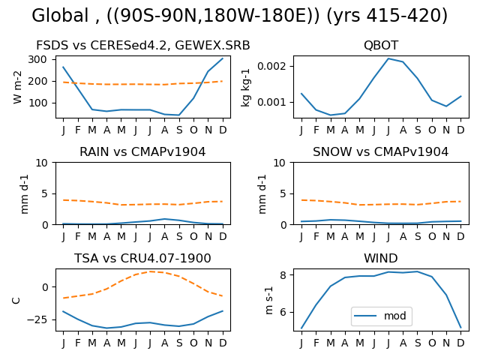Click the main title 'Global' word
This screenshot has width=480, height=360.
tap(60, 15)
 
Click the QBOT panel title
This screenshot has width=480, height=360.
tap(381, 45)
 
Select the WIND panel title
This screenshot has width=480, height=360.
tap(381, 258)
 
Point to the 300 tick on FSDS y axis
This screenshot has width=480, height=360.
tap(37, 59)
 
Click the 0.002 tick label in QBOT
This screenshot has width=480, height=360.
tap(271, 66)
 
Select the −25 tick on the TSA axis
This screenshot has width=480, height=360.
tap(37, 320)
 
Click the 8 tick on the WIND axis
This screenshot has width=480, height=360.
tap(283, 275)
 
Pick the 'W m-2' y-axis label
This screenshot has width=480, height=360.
tap(17, 87)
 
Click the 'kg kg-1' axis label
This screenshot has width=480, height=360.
tap(245, 88)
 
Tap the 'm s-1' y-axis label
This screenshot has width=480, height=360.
tap(269, 300)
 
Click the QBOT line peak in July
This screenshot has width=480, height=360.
tap(388, 58)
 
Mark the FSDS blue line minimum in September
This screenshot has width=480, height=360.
tap(179, 115)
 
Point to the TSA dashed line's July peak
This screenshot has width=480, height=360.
tap(150, 271)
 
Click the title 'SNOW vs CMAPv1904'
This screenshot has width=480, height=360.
tap(380, 151)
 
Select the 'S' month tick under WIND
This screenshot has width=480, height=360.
tap(417, 343)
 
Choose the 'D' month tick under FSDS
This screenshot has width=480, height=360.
tap(223, 130)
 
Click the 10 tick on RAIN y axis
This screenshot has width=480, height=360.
tap(42, 163)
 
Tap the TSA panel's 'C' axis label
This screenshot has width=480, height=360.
tap(16, 300)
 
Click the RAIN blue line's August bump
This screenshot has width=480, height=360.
tap(165, 219)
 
